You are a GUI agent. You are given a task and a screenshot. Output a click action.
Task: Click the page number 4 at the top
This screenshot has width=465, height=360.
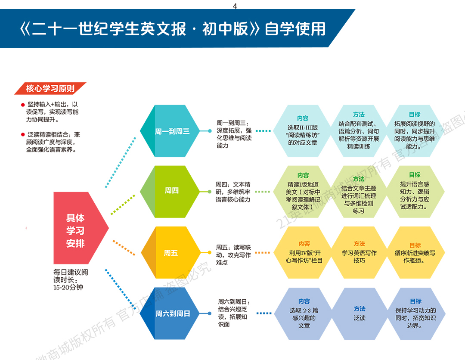235,6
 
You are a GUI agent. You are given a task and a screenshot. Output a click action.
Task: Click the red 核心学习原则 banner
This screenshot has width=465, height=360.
50,89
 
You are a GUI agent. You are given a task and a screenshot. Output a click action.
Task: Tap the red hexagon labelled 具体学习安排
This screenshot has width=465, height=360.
76,230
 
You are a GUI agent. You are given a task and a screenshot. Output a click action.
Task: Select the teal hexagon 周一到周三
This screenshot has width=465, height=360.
172,131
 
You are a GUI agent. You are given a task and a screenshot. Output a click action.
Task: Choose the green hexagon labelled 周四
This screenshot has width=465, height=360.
171,190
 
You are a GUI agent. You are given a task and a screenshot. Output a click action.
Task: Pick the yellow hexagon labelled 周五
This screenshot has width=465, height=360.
170,253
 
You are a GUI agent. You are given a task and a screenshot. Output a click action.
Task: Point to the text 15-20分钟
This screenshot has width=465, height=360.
68,287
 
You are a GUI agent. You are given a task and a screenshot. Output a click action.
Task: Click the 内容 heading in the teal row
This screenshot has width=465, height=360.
303,118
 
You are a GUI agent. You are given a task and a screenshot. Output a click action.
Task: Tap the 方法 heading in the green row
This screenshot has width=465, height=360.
359,179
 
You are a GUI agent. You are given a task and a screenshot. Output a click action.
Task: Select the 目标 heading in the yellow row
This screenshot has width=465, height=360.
415,245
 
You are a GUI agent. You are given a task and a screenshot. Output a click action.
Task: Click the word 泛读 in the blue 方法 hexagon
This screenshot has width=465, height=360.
360,318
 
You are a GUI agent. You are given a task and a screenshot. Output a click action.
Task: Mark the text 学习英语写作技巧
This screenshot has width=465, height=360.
359,257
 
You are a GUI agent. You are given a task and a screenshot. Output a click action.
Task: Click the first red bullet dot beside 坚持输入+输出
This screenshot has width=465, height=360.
23,105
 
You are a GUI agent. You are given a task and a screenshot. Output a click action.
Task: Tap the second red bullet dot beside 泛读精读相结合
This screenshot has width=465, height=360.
23,135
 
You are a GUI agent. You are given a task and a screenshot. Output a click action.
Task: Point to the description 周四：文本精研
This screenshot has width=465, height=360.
233,192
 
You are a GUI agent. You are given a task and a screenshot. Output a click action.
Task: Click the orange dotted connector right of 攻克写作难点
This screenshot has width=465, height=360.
262,253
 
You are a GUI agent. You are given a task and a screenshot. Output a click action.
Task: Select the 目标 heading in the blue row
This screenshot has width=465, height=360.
415,301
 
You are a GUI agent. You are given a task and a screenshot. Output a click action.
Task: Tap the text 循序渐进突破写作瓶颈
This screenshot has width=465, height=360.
415,257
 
